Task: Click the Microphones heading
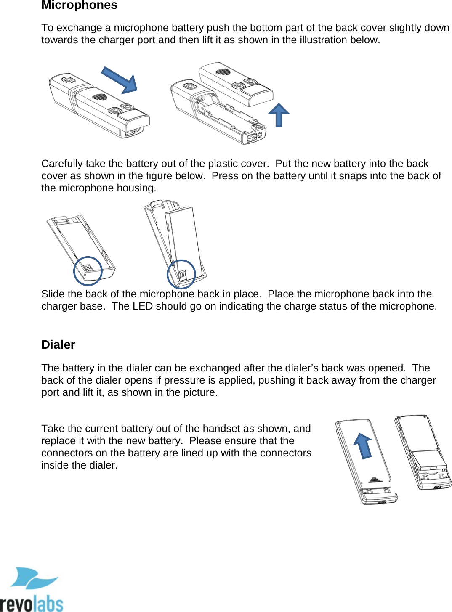click(79, 5)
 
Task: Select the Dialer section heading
click(58, 344)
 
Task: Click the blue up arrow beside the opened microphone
click(279, 115)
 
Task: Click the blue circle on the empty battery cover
click(88, 271)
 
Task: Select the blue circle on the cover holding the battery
click(181, 274)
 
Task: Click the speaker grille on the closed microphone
click(100, 97)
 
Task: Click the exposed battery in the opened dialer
click(428, 459)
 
